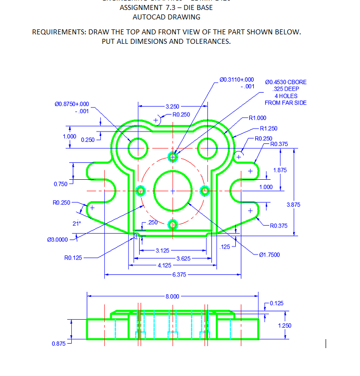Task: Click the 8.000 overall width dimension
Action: (x=172, y=296)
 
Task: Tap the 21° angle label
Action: (x=76, y=224)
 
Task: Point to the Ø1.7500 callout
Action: (x=270, y=255)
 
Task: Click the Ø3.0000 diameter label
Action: (x=57, y=240)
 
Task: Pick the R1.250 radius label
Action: (x=269, y=128)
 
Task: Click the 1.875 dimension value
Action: (x=280, y=170)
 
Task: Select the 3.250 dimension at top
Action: (x=172, y=107)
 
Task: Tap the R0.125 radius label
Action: (x=73, y=258)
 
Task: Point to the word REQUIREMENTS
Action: (x=59, y=32)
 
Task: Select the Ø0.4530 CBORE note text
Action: (x=286, y=82)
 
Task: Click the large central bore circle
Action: (x=173, y=191)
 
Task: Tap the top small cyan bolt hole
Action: (x=173, y=157)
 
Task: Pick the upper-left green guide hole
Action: (x=137, y=147)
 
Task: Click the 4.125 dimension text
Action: (x=165, y=265)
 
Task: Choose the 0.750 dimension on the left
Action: (x=60, y=185)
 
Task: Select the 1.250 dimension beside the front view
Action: (x=285, y=325)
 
